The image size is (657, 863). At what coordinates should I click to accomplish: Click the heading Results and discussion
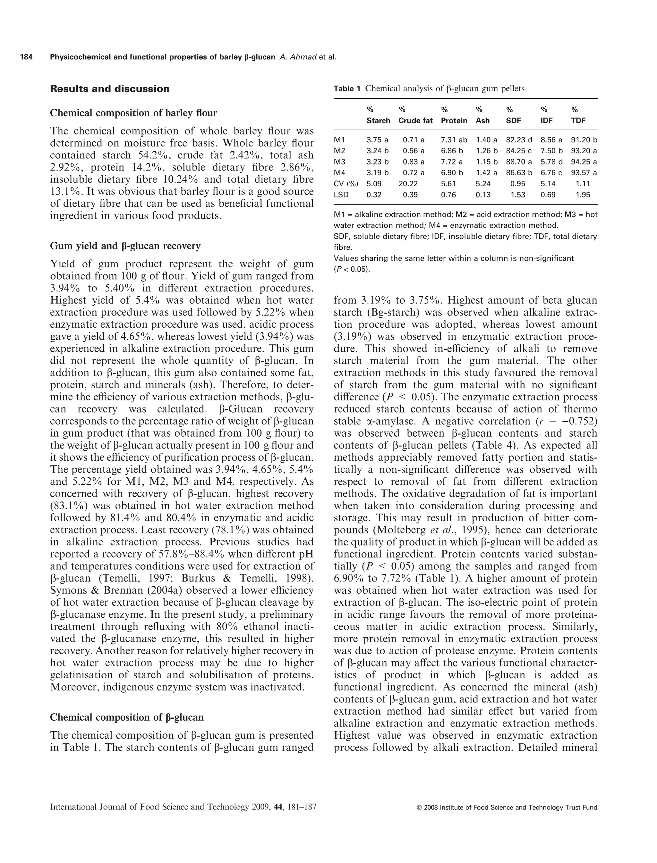110,89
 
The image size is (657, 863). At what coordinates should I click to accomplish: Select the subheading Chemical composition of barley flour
133,113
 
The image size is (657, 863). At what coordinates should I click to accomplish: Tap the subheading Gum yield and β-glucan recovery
125,246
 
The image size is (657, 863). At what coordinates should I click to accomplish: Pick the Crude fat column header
415,121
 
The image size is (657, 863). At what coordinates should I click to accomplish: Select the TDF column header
578,121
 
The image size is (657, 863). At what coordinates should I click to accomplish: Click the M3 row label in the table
340,162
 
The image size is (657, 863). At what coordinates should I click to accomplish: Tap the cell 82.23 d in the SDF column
519,140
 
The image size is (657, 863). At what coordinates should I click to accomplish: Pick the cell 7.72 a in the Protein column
452,162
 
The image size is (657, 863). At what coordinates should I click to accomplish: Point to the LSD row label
341,195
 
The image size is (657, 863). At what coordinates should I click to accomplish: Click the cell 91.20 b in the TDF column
584,140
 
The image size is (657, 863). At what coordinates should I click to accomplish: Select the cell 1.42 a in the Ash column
486,173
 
